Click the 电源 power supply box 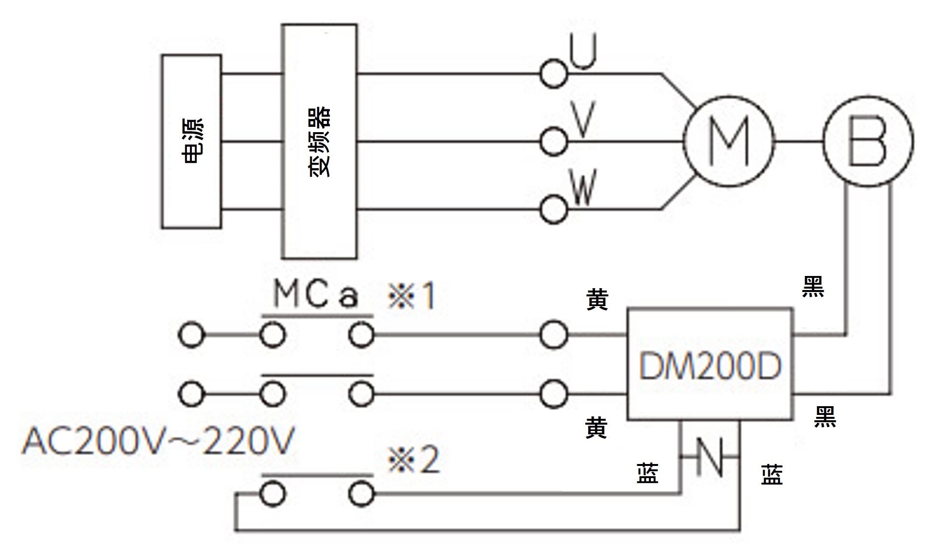tap(191, 141)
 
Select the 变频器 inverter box tap(319, 141)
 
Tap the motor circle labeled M tap(728, 141)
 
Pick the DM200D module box tap(710, 365)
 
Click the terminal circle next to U tap(553, 74)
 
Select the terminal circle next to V tap(553, 141)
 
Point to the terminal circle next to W tap(553, 209)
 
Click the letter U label tap(583, 52)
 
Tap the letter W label tap(583, 188)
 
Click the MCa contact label tap(316, 294)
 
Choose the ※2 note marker tap(413, 460)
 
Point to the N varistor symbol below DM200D tap(710, 457)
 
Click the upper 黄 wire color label tap(597, 299)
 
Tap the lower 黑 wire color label tap(825, 417)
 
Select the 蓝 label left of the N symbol tap(647, 473)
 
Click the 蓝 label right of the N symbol tap(771, 474)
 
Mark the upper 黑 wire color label tap(813, 286)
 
